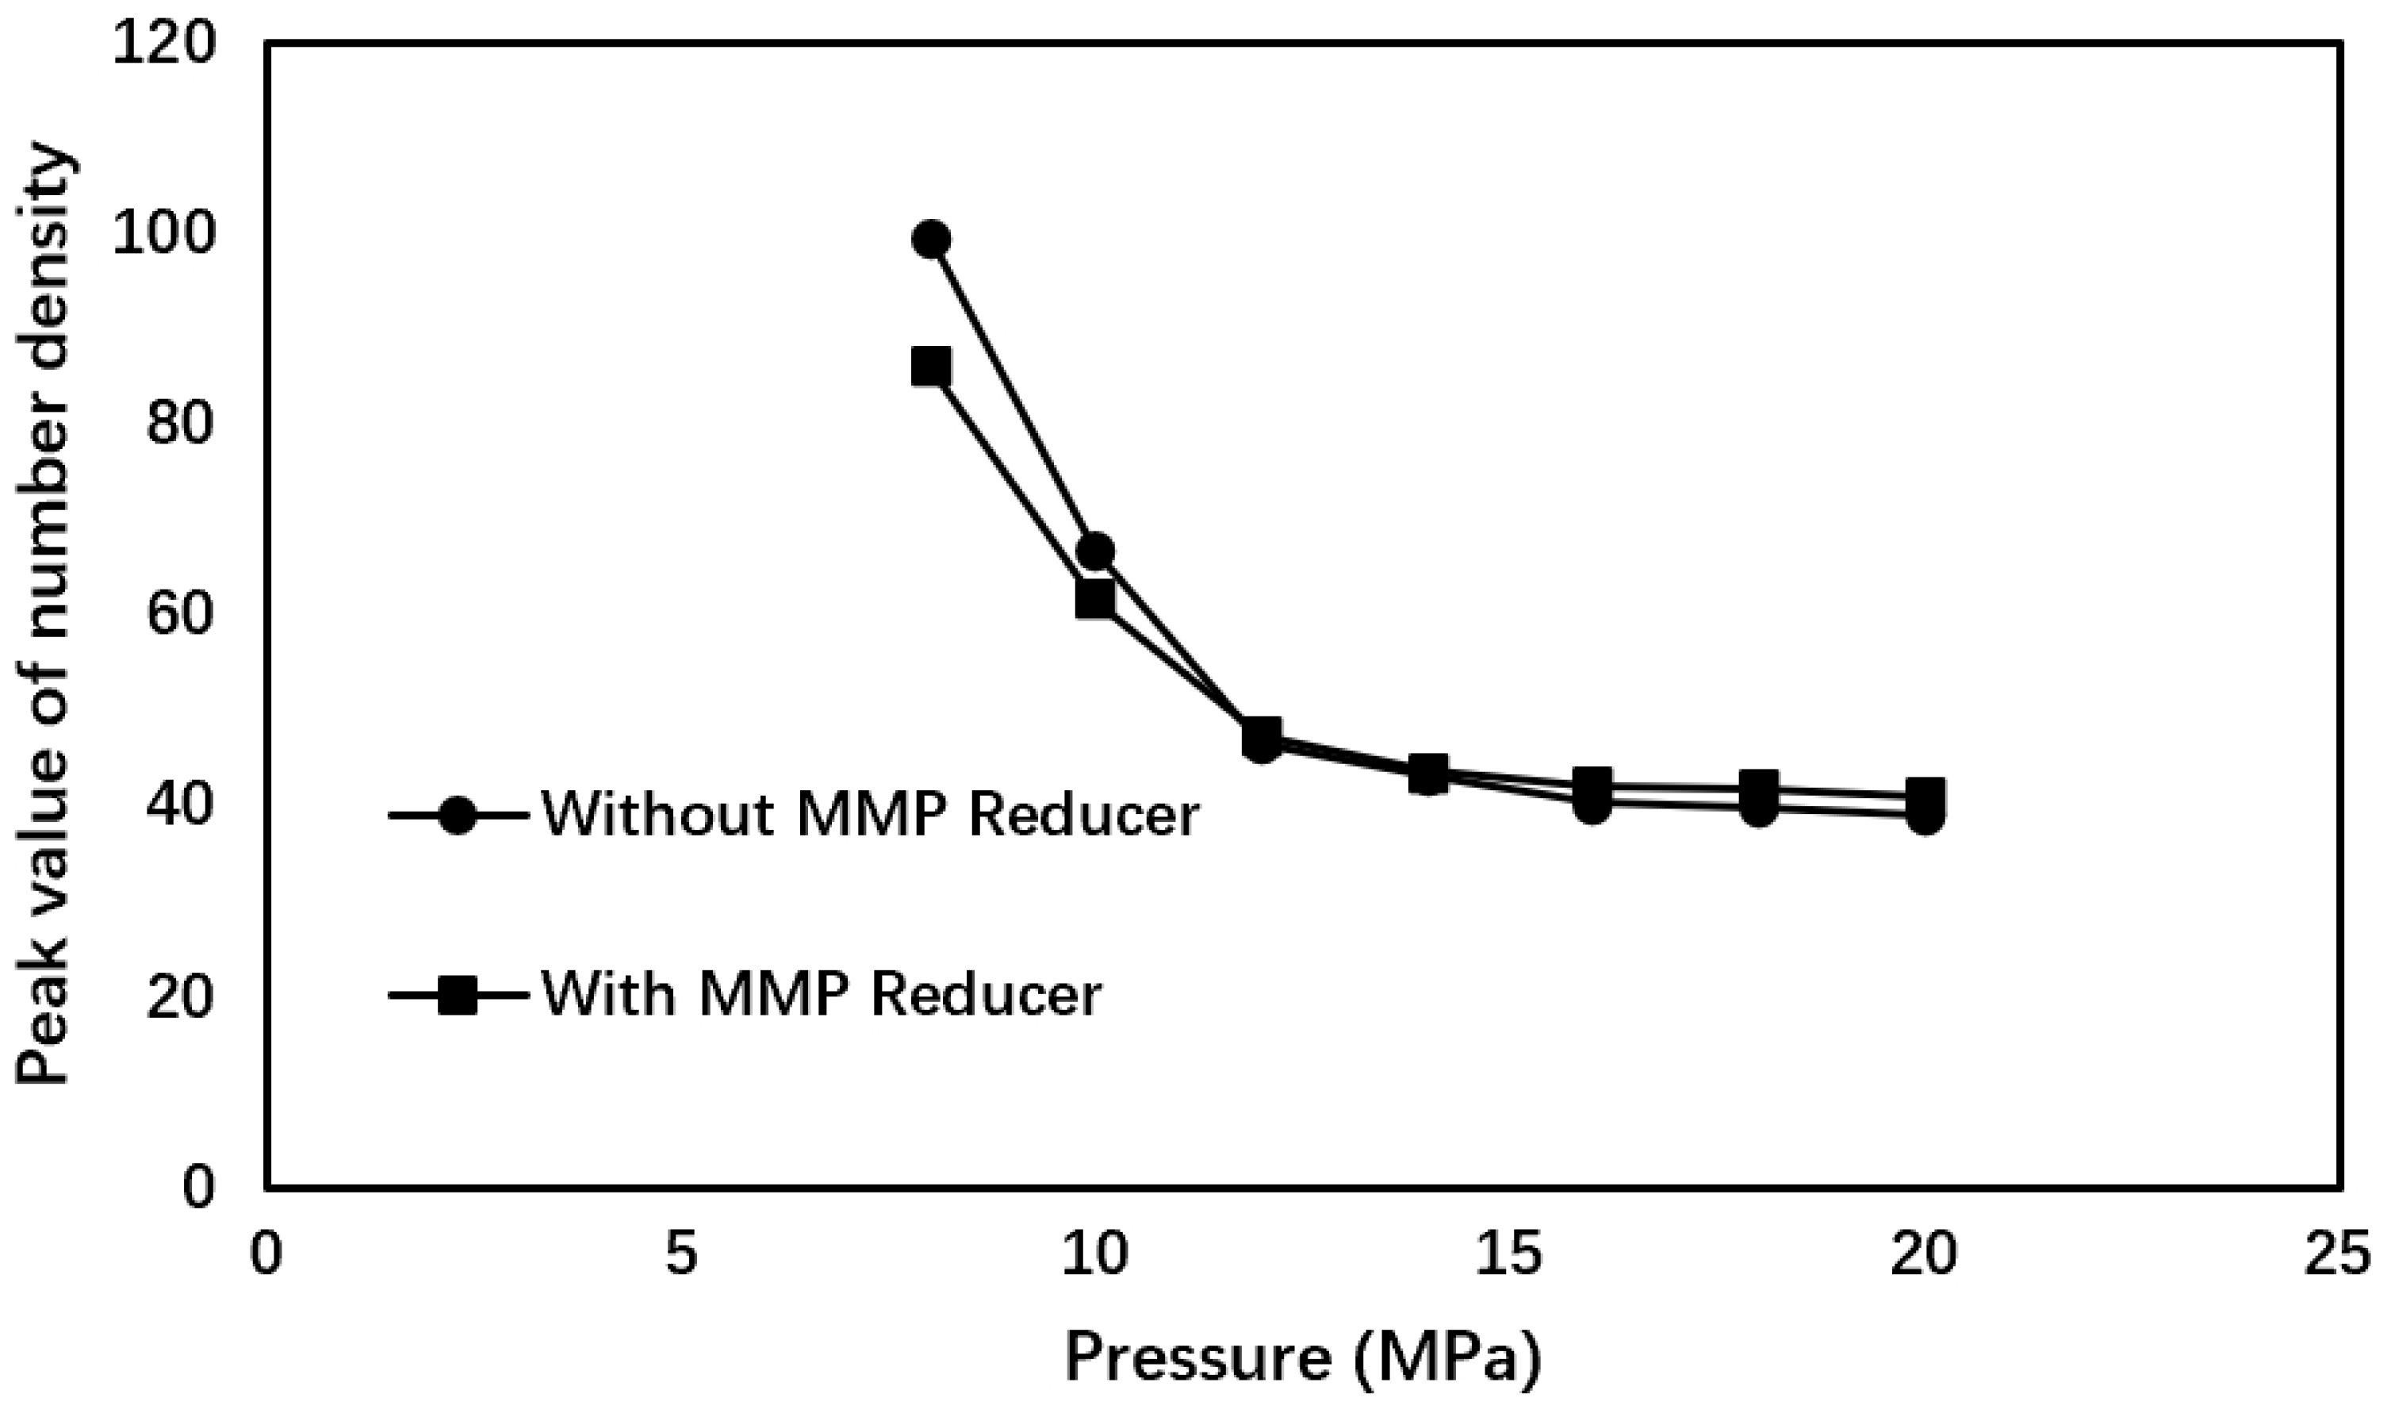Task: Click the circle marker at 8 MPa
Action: [x=931, y=239]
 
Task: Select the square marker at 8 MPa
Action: [x=931, y=367]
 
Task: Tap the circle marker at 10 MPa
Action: [x=1095, y=551]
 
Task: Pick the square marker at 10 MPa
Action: [x=1095, y=599]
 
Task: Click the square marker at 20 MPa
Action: [x=1925, y=795]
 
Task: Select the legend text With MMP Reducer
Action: [x=822, y=994]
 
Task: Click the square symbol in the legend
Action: [x=458, y=995]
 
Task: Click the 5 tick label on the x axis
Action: [x=681, y=1255]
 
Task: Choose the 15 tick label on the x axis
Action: [x=1509, y=1255]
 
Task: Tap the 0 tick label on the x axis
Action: [x=267, y=1255]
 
